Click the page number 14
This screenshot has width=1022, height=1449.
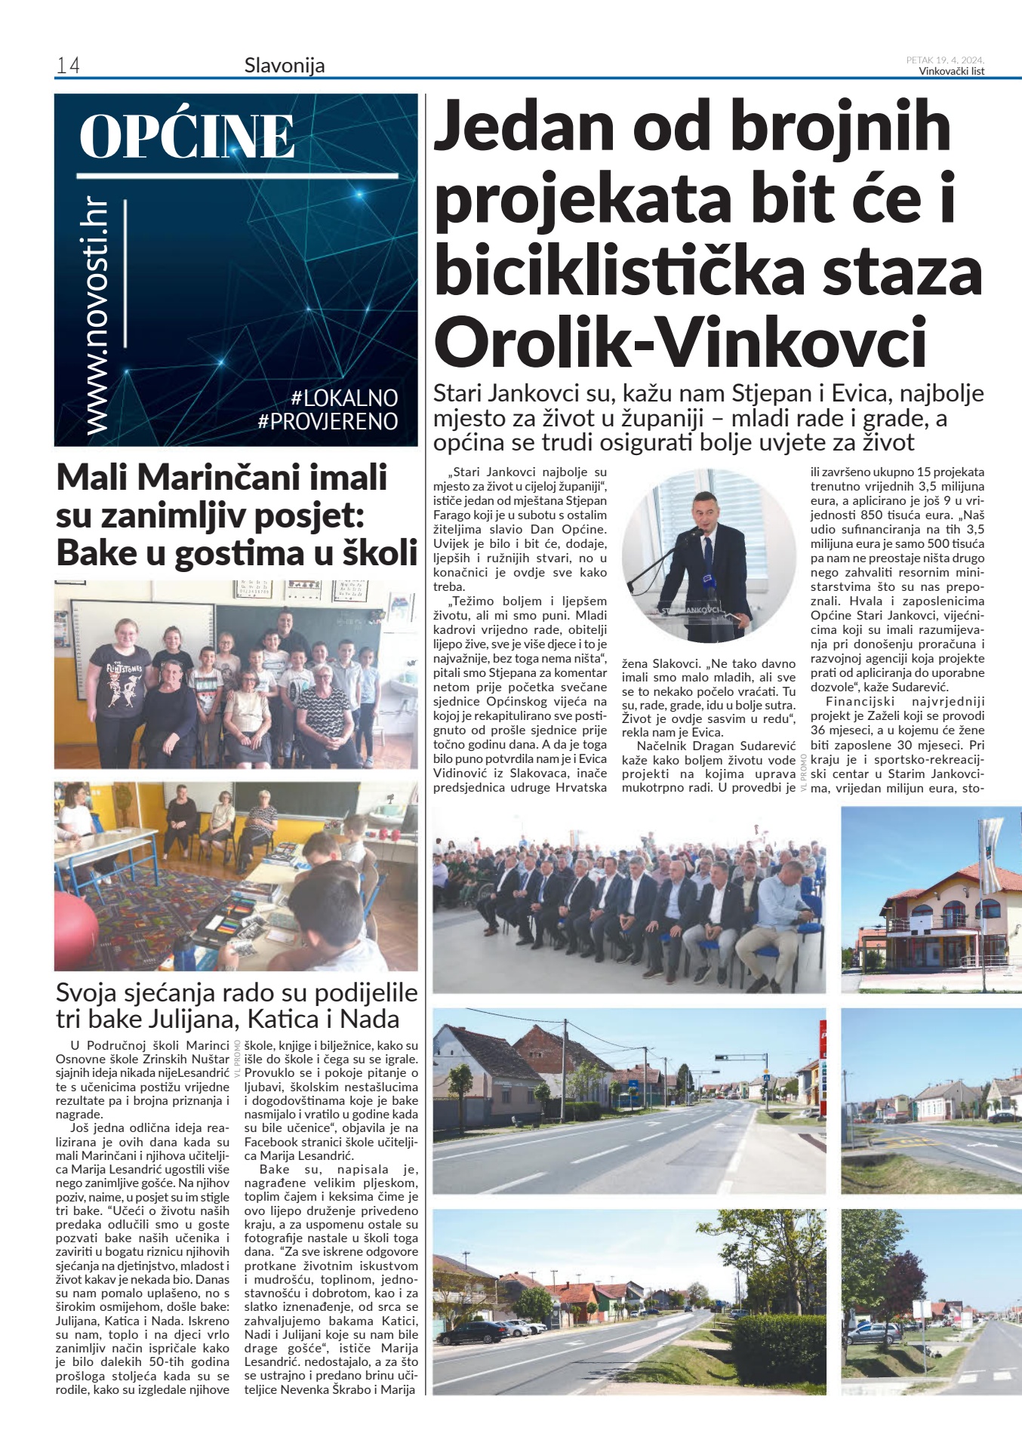point(68,66)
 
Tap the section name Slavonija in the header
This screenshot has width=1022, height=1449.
point(285,66)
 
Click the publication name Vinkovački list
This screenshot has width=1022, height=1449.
point(951,72)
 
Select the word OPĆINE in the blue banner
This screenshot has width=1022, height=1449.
point(187,137)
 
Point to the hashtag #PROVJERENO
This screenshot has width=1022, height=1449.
point(328,421)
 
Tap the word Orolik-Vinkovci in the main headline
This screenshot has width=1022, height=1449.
point(680,342)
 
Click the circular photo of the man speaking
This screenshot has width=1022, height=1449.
point(708,555)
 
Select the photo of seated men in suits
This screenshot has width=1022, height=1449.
point(629,902)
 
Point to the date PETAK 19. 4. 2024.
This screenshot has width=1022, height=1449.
point(945,60)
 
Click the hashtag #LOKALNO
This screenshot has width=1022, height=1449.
point(344,398)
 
